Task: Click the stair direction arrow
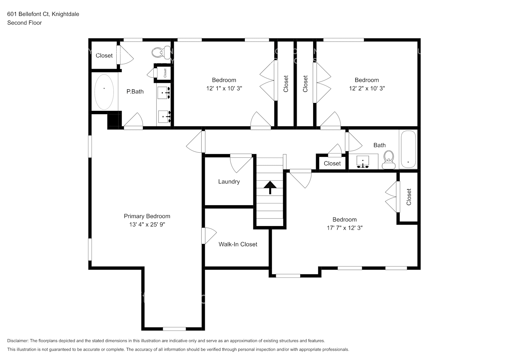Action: click(270, 187)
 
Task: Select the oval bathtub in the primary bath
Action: click(104, 92)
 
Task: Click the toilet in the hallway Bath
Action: click(389, 160)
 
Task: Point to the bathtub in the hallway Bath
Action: click(408, 149)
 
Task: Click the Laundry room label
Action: click(229, 181)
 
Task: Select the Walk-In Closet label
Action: click(238, 244)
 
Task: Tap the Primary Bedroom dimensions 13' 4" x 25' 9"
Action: click(147, 225)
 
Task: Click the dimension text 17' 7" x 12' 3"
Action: click(344, 228)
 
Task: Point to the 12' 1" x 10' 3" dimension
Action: click(224, 89)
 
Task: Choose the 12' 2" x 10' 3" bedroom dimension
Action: click(367, 89)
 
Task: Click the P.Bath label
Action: click(135, 91)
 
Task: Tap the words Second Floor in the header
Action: click(24, 23)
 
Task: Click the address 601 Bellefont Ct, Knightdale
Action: click(43, 14)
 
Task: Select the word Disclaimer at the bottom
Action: click(18, 341)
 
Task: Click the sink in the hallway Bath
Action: click(362, 162)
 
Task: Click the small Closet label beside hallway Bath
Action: click(332, 163)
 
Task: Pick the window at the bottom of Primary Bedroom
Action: click(174, 329)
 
